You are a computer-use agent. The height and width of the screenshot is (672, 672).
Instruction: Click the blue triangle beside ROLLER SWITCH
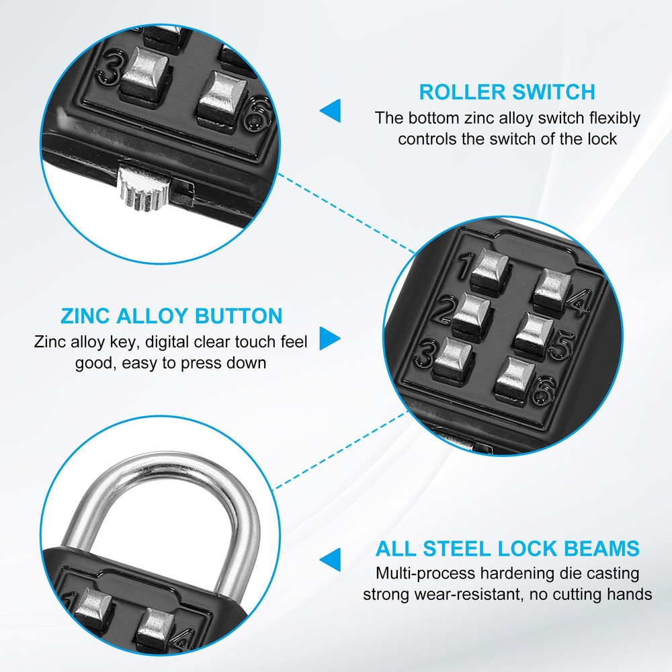coord(330,111)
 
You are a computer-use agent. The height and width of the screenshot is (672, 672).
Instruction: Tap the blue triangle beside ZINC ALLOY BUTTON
coord(330,338)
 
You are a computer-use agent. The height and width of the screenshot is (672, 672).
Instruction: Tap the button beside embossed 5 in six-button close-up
coord(535,330)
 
